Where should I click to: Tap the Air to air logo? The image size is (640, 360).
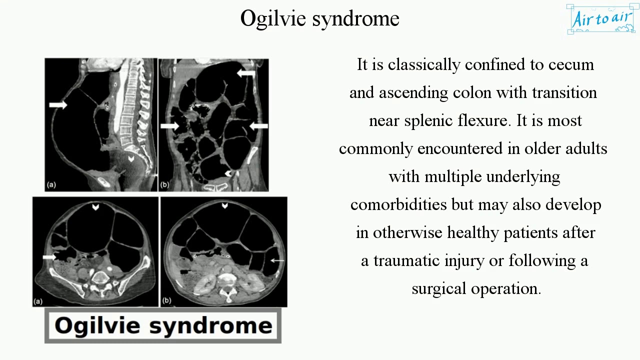click(602, 19)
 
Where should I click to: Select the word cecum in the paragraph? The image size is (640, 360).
click(571, 65)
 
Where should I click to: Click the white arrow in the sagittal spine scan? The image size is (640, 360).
click(58, 104)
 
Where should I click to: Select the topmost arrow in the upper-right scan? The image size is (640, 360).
click(245, 73)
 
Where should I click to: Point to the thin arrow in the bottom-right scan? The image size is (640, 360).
click(277, 260)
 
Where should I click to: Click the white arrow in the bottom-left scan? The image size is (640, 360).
click(49, 257)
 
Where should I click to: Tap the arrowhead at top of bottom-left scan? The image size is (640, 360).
click(95, 207)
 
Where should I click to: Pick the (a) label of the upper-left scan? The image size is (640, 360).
click(51, 184)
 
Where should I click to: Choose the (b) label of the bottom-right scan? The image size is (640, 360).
click(166, 300)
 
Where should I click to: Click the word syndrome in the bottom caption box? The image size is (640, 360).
click(210, 325)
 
